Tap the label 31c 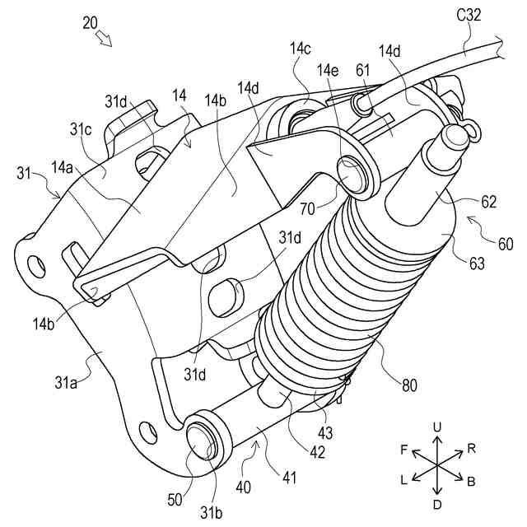[x=80, y=129]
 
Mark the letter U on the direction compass [x=436, y=427]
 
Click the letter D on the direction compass [x=437, y=502]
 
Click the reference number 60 [x=505, y=245]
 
